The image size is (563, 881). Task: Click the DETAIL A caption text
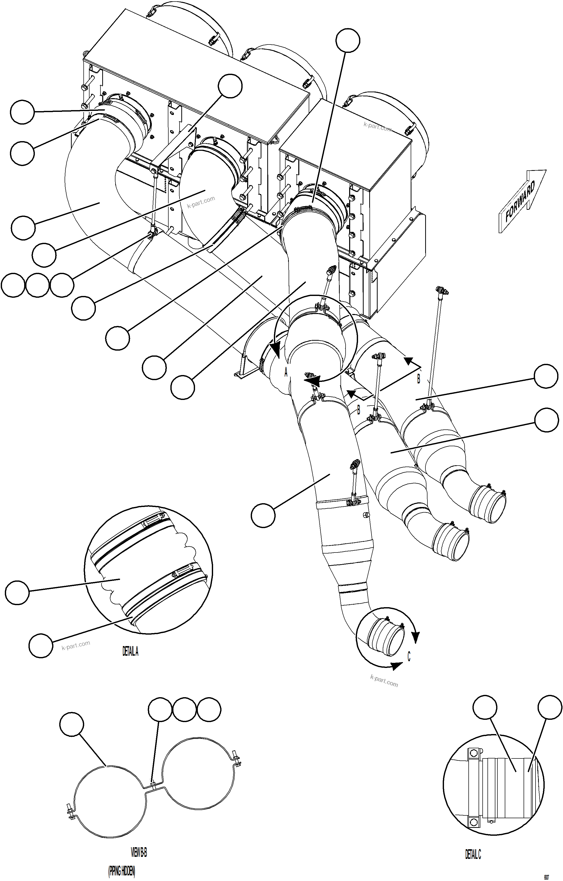pos(130,651)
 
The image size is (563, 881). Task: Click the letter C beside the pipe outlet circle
pos(409,657)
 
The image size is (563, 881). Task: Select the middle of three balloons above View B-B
pos(184,710)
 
